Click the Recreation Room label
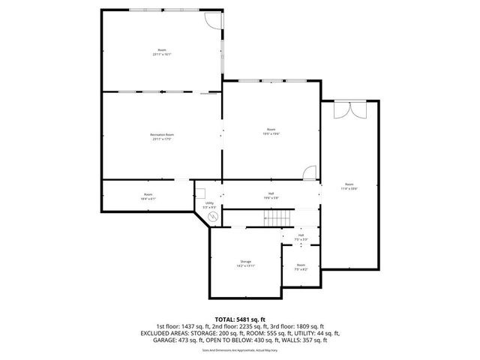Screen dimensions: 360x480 pos(161,134)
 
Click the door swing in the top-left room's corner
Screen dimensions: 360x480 pos(214,22)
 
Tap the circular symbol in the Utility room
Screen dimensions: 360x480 pos(212,217)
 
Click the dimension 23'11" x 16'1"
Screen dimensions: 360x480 pos(161,54)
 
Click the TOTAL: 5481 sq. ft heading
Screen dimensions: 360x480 pos(240,320)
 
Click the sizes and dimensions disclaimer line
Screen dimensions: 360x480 pos(240,349)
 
